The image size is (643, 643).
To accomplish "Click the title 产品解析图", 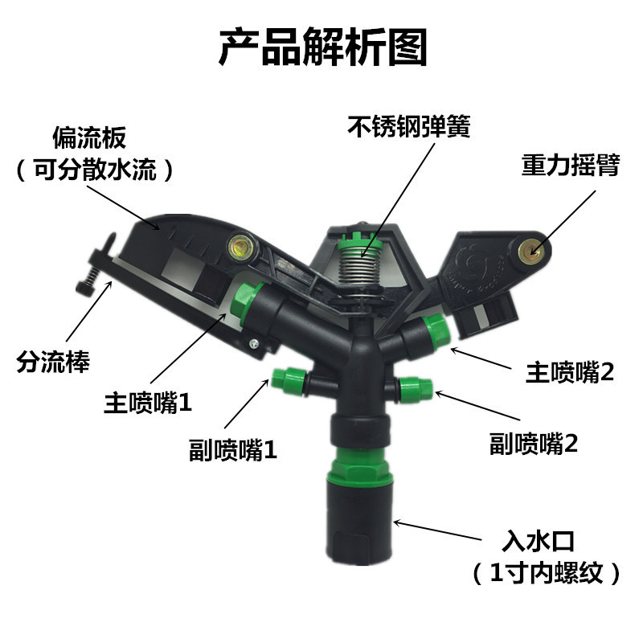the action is pos(323,47).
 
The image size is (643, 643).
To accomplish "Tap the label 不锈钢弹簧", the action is pos(409,126).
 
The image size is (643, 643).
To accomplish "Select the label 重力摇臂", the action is pos(571,165).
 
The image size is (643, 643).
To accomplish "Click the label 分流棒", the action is pos(53,362).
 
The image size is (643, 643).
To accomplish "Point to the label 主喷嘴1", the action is pos(148,403).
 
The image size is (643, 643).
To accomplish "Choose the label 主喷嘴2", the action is pos(570,372).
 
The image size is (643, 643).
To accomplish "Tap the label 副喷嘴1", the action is pos(233,450).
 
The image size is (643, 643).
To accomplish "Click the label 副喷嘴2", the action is pos(534,444).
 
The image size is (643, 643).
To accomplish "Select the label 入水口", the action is pos(538,541).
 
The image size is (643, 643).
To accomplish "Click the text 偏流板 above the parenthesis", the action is pos(89,137).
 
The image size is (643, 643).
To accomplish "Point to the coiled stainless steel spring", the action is pos(360,266).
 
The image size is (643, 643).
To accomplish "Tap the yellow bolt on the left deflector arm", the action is pos(240,247).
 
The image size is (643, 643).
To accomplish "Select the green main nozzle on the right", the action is pos(436,331).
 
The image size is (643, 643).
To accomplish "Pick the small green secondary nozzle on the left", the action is pos(289,381).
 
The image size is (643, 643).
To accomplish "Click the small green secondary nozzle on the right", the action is pos(416,389).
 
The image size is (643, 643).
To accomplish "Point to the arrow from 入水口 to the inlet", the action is pos(437,530).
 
